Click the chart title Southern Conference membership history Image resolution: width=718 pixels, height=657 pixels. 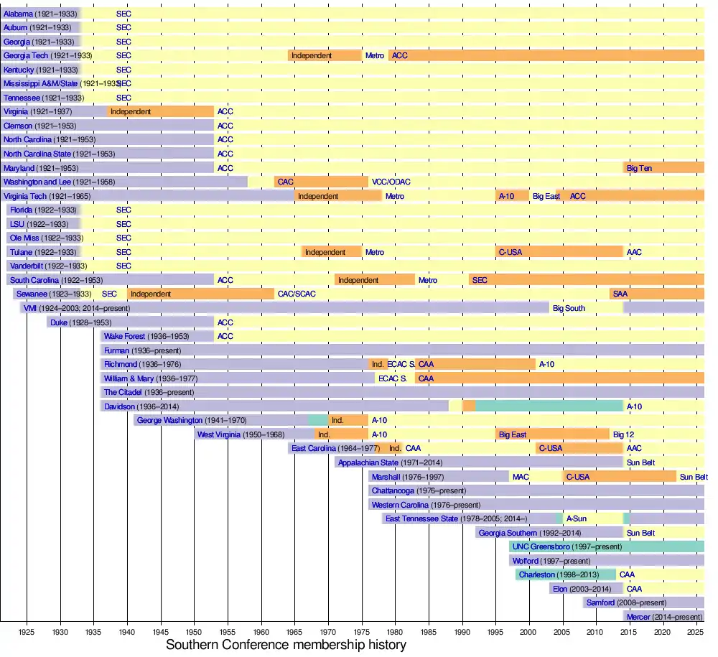(x=286, y=645)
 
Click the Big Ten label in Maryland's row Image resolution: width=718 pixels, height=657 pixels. (x=640, y=168)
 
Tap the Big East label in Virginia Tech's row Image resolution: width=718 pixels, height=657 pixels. (x=546, y=196)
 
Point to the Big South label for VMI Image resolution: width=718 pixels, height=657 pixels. (x=569, y=308)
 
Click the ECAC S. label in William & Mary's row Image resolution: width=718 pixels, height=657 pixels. (x=393, y=378)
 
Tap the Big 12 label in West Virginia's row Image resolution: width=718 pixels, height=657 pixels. (x=623, y=434)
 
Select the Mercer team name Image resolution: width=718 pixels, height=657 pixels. (x=639, y=617)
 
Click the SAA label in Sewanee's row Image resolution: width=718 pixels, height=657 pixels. (x=620, y=294)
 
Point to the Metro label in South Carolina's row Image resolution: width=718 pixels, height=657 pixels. (x=428, y=280)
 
